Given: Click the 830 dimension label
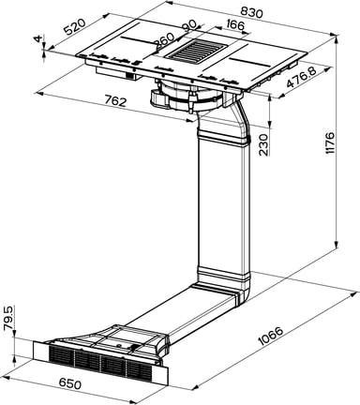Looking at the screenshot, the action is (x=252, y=11).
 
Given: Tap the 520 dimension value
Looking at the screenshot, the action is (x=75, y=26).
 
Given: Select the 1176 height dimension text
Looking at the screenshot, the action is (x=329, y=142).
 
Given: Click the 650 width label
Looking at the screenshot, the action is (x=69, y=383).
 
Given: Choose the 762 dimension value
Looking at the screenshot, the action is (x=115, y=100).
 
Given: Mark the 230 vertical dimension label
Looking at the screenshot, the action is (x=263, y=144).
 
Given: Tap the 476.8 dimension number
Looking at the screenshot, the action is (x=302, y=78).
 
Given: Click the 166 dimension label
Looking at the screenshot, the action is (x=234, y=24).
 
